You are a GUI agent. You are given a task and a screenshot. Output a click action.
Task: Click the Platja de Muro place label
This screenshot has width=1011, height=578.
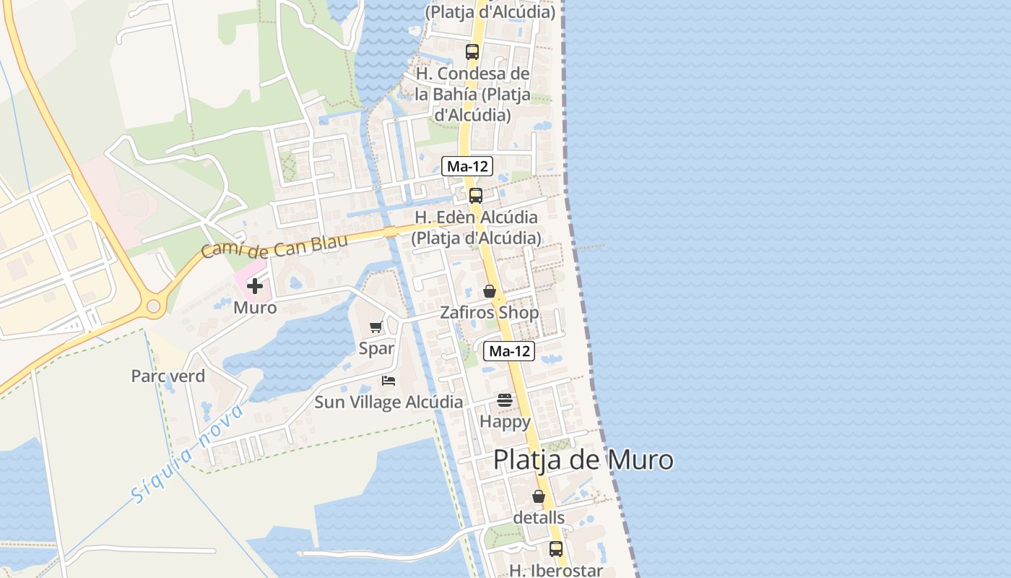(583, 460)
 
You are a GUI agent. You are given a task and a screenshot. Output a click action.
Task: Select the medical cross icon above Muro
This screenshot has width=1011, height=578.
(254, 286)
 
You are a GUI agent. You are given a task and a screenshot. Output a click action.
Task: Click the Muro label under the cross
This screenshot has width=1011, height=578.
(254, 308)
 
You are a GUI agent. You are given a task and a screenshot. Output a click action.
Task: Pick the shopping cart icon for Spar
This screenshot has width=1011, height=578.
(376, 327)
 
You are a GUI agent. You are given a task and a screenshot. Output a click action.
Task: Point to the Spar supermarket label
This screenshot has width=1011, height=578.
(376, 348)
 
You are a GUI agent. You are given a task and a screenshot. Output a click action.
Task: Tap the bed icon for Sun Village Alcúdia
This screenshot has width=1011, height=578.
(389, 381)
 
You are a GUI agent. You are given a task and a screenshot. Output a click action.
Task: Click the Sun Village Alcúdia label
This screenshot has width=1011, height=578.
(389, 402)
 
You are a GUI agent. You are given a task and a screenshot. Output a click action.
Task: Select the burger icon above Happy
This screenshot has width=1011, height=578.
(504, 400)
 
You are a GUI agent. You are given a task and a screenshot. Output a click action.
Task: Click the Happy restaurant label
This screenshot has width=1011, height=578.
(505, 421)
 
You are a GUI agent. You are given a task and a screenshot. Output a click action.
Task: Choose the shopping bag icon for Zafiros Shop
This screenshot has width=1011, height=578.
(490, 291)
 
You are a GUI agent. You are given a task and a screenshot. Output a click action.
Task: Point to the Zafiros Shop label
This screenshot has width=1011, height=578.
(490, 313)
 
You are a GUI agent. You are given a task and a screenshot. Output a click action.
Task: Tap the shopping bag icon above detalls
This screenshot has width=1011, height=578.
(539, 496)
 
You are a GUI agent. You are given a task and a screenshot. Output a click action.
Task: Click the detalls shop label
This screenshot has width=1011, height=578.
(539, 518)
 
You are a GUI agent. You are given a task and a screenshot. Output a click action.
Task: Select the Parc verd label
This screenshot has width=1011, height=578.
(168, 376)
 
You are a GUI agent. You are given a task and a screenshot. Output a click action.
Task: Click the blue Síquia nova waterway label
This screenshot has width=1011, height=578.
(188, 454)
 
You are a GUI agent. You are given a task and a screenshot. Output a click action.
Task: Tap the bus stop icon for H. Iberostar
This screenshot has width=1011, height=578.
(555, 549)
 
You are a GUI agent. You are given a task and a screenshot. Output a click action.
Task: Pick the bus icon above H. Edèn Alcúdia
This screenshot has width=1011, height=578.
(475, 196)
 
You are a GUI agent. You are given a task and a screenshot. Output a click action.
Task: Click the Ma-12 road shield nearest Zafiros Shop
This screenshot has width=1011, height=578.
(509, 352)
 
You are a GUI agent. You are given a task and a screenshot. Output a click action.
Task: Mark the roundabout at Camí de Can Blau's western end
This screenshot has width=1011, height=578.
(153, 306)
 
